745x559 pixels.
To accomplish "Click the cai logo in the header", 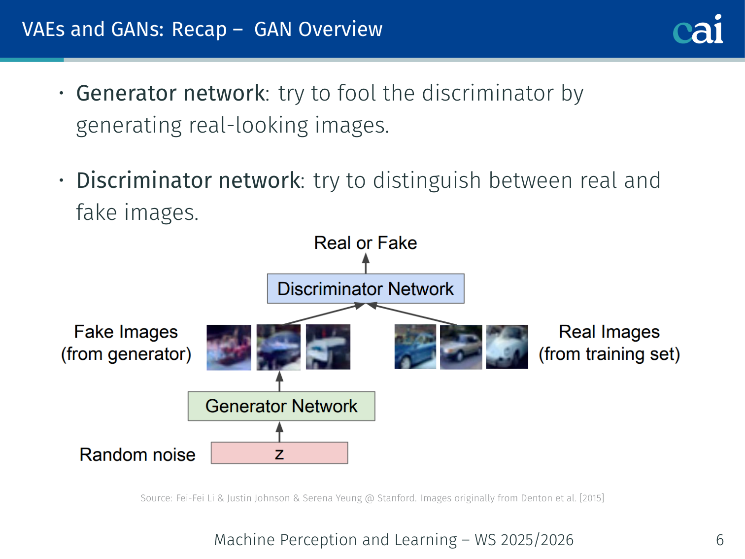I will pyautogui.click(x=698, y=30).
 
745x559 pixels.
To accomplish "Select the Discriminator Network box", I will pyautogui.click(x=366, y=288).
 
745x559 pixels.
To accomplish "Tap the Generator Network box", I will pyautogui.click(x=281, y=406).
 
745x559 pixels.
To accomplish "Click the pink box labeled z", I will pyautogui.click(x=279, y=453).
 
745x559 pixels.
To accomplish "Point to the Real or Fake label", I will pyautogui.click(x=366, y=243).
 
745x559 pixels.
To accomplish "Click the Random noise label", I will pyautogui.click(x=137, y=454).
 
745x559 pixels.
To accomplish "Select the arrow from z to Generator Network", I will pyautogui.click(x=279, y=431).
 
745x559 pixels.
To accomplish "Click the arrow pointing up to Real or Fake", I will pyautogui.click(x=366, y=263).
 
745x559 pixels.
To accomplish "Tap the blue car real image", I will pyautogui.click(x=415, y=347).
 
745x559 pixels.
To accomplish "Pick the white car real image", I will pyautogui.click(x=507, y=347).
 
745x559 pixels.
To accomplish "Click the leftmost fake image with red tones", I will pyautogui.click(x=229, y=347).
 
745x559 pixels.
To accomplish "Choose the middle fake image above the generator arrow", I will pyautogui.click(x=278, y=347).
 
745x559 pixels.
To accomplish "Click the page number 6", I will pyautogui.click(x=720, y=540).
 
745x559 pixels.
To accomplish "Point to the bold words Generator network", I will pyautogui.click(x=170, y=93).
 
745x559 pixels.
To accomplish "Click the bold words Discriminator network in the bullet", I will pyautogui.click(x=188, y=180).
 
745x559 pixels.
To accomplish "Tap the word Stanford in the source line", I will pyautogui.click(x=397, y=498).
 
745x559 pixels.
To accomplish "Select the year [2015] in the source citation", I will pyautogui.click(x=592, y=498).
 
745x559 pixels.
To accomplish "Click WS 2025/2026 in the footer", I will pyautogui.click(x=524, y=540).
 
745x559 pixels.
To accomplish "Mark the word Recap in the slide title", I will pyautogui.click(x=199, y=30).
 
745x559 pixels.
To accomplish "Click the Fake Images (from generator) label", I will pyautogui.click(x=126, y=343).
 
